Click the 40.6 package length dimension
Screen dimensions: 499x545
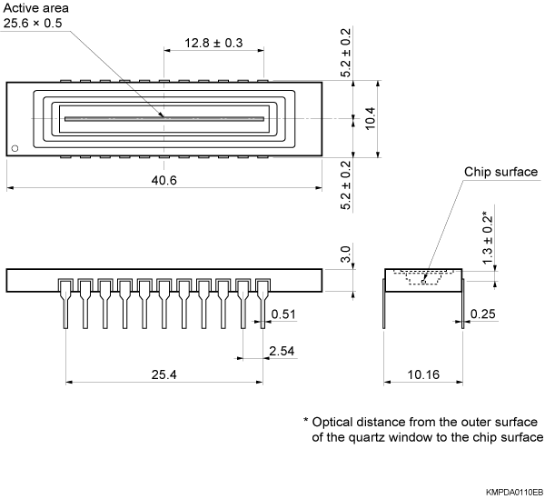[164, 180]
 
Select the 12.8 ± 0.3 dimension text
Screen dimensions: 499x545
[214, 42]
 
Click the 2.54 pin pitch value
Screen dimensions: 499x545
[282, 350]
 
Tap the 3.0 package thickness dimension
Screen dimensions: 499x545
[346, 254]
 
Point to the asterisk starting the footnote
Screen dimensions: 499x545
[306, 423]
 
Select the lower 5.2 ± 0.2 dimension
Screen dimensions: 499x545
[346, 185]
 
